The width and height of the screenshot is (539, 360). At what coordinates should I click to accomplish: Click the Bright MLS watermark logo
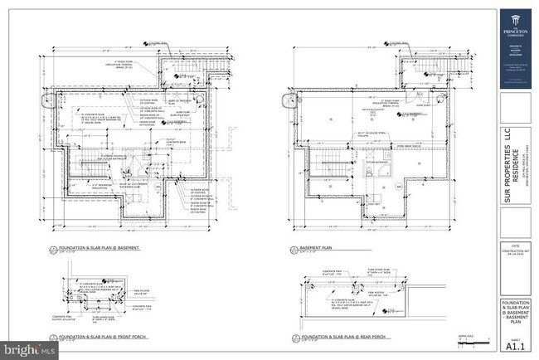30,350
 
